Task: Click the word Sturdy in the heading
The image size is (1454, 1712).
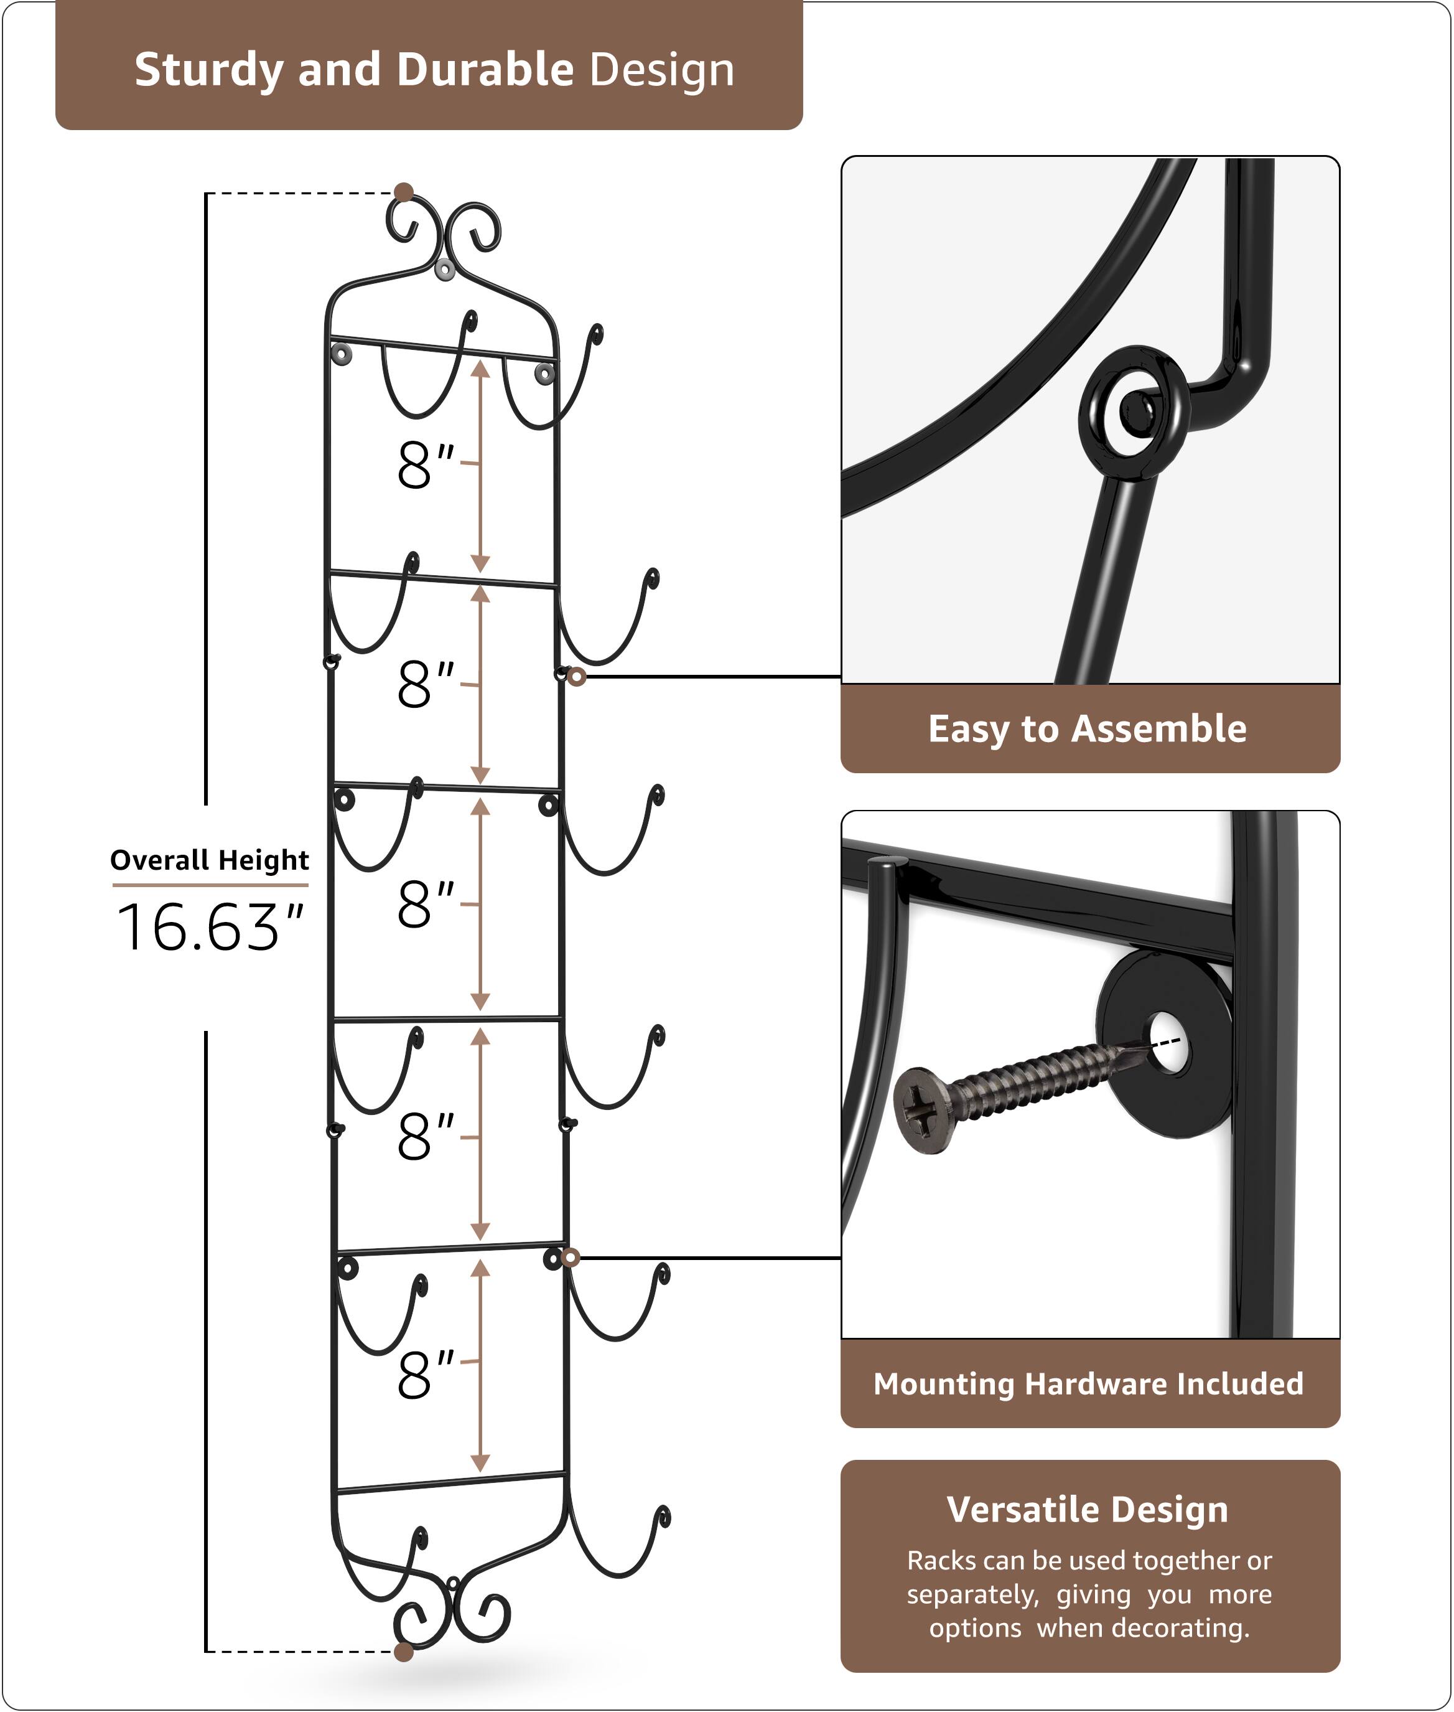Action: click(208, 70)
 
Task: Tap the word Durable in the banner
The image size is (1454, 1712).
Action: click(485, 70)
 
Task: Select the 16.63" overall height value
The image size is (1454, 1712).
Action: click(210, 928)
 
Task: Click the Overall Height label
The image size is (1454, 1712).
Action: click(210, 860)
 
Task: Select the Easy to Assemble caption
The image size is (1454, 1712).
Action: click(1087, 729)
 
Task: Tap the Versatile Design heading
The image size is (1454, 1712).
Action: click(1087, 1510)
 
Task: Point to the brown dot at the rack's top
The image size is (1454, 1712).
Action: click(404, 193)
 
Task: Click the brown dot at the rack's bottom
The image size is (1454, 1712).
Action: click(404, 1652)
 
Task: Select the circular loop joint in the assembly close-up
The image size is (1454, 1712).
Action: click(1134, 412)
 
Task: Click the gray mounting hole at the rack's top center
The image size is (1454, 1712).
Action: click(444, 269)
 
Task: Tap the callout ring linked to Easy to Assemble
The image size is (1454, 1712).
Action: click(577, 677)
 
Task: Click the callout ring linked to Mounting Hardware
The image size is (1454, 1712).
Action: click(571, 1258)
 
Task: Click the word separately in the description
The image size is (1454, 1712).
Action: click(972, 1594)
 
